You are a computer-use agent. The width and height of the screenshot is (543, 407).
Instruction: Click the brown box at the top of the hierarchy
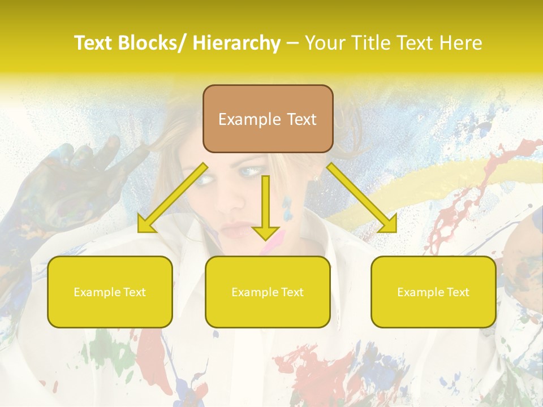coord(268,119)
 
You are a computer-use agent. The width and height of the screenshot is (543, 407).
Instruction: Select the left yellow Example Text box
coord(110,292)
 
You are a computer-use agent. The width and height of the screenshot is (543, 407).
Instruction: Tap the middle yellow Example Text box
coord(268,292)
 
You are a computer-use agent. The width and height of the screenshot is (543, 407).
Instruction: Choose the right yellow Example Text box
coord(433,292)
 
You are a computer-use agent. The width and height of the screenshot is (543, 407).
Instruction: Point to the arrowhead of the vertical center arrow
coord(265,233)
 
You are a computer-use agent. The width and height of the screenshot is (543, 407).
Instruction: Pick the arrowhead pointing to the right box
coord(389,224)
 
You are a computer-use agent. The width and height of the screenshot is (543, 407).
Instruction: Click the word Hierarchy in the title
coord(236,43)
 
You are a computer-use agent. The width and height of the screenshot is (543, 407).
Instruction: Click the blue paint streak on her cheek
coord(290,205)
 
